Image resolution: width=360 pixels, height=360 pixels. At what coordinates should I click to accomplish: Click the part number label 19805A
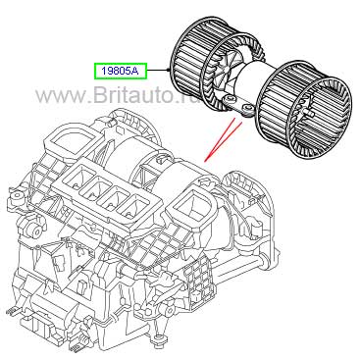pyautogui.click(x=121, y=71)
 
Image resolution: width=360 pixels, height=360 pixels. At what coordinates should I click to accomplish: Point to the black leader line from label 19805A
pyautogui.click(x=158, y=70)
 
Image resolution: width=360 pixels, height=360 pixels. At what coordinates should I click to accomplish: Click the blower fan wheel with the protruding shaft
pyautogui.click(x=305, y=110)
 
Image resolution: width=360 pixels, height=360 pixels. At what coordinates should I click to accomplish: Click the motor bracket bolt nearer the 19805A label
pyautogui.click(x=230, y=98)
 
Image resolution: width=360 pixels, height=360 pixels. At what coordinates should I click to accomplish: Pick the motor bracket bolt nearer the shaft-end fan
pyautogui.click(x=247, y=108)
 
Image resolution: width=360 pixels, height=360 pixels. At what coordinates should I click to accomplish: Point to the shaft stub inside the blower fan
pyautogui.click(x=310, y=114)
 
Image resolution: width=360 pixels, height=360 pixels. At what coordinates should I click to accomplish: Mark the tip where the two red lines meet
pyautogui.click(x=205, y=161)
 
